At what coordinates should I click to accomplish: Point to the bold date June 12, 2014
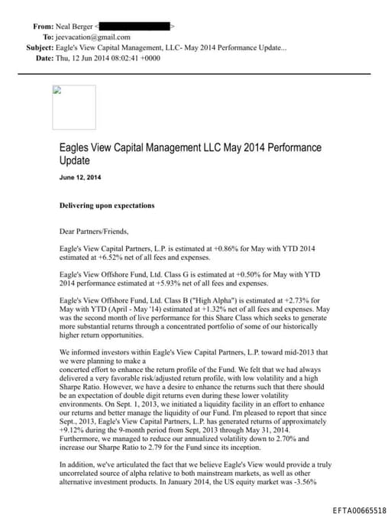(x=80, y=177)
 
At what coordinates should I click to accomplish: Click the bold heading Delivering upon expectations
(x=107, y=206)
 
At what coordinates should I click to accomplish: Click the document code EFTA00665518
(x=359, y=510)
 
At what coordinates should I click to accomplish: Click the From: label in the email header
(x=43, y=26)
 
